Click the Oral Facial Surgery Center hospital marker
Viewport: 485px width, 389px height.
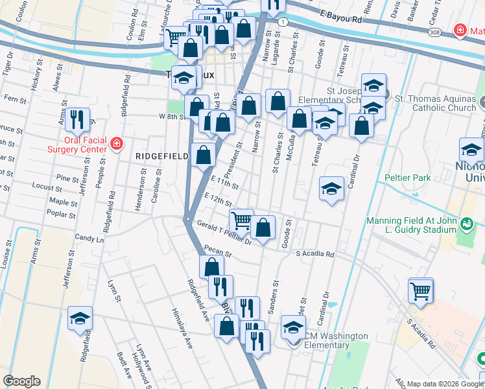(116, 143)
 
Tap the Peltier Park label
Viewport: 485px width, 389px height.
(407, 177)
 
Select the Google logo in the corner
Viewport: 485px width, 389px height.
(21, 381)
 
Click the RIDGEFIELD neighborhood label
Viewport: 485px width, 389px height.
(161, 156)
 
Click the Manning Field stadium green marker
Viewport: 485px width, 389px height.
(466, 224)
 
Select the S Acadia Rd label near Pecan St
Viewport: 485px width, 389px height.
(314, 254)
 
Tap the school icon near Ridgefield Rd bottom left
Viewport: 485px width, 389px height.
(80, 318)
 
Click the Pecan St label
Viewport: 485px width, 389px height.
(213, 250)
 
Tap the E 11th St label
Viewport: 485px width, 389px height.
(224, 182)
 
